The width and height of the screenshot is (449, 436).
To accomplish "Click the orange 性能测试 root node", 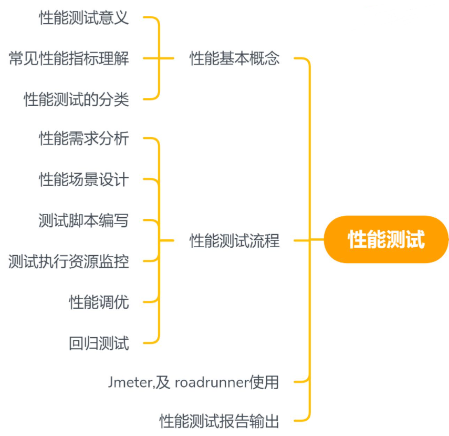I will point(386,240).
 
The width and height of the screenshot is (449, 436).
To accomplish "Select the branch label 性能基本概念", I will point(235,58).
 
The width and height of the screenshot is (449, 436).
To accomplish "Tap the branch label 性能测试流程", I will point(235,241).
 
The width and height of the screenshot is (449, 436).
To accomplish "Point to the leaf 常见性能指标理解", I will point(68,58).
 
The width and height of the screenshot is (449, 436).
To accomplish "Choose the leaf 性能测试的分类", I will point(76,99).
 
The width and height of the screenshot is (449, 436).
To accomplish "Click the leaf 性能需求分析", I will point(83,139).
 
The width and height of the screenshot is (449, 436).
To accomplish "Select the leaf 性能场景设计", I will point(83,179).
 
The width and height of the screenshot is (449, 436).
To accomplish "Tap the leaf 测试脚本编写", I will point(83,220).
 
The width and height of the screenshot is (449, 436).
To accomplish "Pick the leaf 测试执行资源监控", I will point(68,261).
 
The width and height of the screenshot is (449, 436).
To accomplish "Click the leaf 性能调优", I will point(99,302).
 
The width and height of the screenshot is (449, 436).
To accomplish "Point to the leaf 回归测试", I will point(99,343).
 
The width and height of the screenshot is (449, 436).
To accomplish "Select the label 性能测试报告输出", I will point(220,421).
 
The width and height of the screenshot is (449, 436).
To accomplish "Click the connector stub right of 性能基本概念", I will point(299,58).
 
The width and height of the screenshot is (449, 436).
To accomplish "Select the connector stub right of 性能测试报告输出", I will point(299,421).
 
